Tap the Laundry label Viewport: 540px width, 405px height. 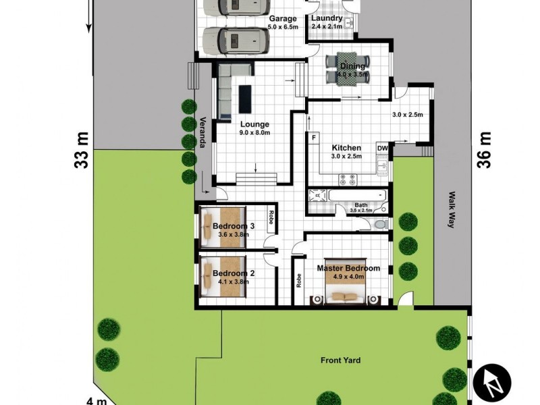tap(327, 18)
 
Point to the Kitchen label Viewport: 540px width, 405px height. tap(346, 148)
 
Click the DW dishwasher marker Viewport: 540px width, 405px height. tap(382, 148)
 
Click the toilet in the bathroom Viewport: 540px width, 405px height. tap(380, 224)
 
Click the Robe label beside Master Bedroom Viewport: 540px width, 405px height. tap(298, 280)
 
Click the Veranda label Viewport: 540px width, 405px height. tap(201, 132)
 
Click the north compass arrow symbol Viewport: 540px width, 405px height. tap(491, 385)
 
